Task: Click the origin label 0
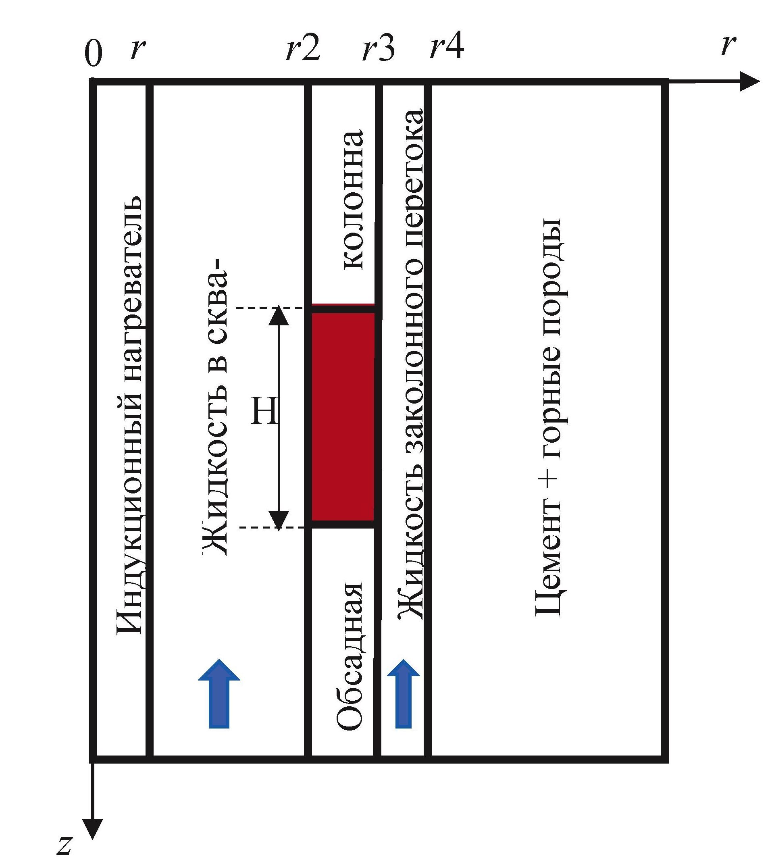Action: [x=94, y=54]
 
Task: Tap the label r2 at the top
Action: [x=303, y=48]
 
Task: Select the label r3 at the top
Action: [x=378, y=48]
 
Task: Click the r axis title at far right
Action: [x=728, y=46]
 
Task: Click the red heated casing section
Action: [x=343, y=416]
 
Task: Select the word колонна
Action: [x=353, y=200]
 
